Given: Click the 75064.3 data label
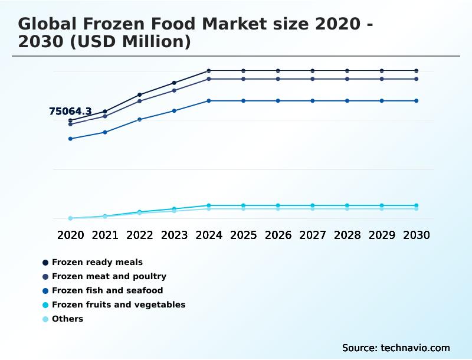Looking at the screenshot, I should [70, 111].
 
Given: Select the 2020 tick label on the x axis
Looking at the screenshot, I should [70, 235].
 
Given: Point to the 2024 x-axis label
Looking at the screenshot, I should [209, 235].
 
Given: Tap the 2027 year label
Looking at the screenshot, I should [313, 235].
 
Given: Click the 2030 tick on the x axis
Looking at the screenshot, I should [417, 235].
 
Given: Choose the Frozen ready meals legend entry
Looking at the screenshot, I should [97, 262].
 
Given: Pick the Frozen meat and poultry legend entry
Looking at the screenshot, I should [109, 276].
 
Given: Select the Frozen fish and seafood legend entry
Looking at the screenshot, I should [107, 290].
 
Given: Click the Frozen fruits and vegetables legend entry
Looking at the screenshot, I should [118, 305].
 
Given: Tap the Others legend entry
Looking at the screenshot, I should [67, 319].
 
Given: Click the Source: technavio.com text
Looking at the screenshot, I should [396, 348].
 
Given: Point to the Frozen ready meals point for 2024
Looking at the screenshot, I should [209, 71].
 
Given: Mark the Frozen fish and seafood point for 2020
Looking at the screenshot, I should [70, 139].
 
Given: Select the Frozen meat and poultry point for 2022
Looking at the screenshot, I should [140, 101].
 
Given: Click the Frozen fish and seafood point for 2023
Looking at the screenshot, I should [174, 110].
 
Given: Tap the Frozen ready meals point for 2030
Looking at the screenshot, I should [417, 71].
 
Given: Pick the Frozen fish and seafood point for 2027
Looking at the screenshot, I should [313, 101].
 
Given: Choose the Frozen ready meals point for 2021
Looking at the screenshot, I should [105, 112].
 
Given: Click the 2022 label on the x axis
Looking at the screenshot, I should [140, 235].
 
